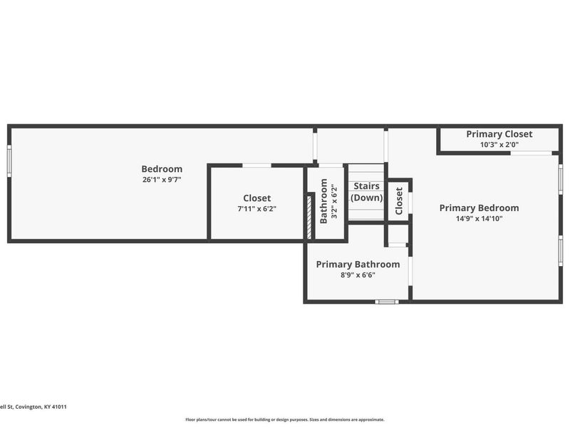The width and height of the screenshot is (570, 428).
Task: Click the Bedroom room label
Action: [162, 169]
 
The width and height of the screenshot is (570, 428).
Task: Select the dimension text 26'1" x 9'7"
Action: [162, 180]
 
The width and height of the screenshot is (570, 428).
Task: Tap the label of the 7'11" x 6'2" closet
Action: [257, 198]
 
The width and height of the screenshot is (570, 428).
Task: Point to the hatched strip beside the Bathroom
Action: [309, 218]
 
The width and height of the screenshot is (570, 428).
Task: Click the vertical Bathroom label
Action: [323, 201]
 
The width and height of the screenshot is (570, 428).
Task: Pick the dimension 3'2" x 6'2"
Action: [334, 201]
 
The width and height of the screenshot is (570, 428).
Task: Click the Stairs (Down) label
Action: [366, 192]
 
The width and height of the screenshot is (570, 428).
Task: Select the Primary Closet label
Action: [499, 134]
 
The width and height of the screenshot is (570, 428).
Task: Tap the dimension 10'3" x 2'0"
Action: [499, 145]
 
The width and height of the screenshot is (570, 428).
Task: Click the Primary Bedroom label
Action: [479, 208]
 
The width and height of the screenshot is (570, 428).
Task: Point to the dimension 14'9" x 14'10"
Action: [479, 218]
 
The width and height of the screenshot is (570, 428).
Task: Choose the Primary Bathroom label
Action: [358, 264]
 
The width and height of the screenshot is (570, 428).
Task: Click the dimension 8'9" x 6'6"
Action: [358, 275]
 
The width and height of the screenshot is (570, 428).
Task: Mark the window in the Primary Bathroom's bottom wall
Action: [387, 302]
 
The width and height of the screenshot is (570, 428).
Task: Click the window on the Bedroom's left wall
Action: [9, 161]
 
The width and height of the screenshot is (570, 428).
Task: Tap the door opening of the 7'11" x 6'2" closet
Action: [256, 165]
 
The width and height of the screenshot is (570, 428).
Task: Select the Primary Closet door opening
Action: [531, 153]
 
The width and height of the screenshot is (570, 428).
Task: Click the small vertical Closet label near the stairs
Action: [399, 201]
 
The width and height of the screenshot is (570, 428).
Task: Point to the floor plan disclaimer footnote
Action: [284, 419]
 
